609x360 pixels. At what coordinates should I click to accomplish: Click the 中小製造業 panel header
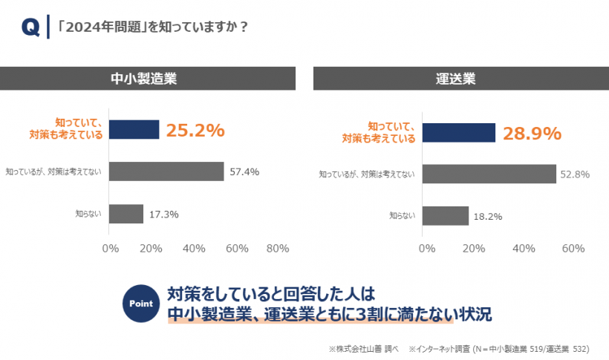[x=148, y=78]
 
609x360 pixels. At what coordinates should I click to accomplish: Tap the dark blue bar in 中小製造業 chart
[x=134, y=130]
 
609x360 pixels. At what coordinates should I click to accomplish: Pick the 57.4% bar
[x=166, y=171]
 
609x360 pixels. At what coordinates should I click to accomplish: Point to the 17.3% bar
[x=126, y=214]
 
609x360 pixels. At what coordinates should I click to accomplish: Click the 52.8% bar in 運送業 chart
[x=491, y=174]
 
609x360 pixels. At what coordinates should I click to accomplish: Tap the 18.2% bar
[x=448, y=216]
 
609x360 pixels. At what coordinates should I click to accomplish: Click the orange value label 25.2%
[x=195, y=131]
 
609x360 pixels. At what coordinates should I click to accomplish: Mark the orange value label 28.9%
[x=532, y=134]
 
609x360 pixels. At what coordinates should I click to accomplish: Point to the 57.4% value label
[x=244, y=172]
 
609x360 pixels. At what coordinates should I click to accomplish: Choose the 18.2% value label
[x=488, y=217]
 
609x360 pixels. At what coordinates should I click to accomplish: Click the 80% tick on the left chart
[x=277, y=249]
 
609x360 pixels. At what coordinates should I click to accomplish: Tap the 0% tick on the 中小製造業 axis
[x=110, y=249]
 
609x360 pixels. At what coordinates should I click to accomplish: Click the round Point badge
[x=141, y=303]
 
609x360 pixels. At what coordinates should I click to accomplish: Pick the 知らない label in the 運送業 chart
[x=403, y=216]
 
